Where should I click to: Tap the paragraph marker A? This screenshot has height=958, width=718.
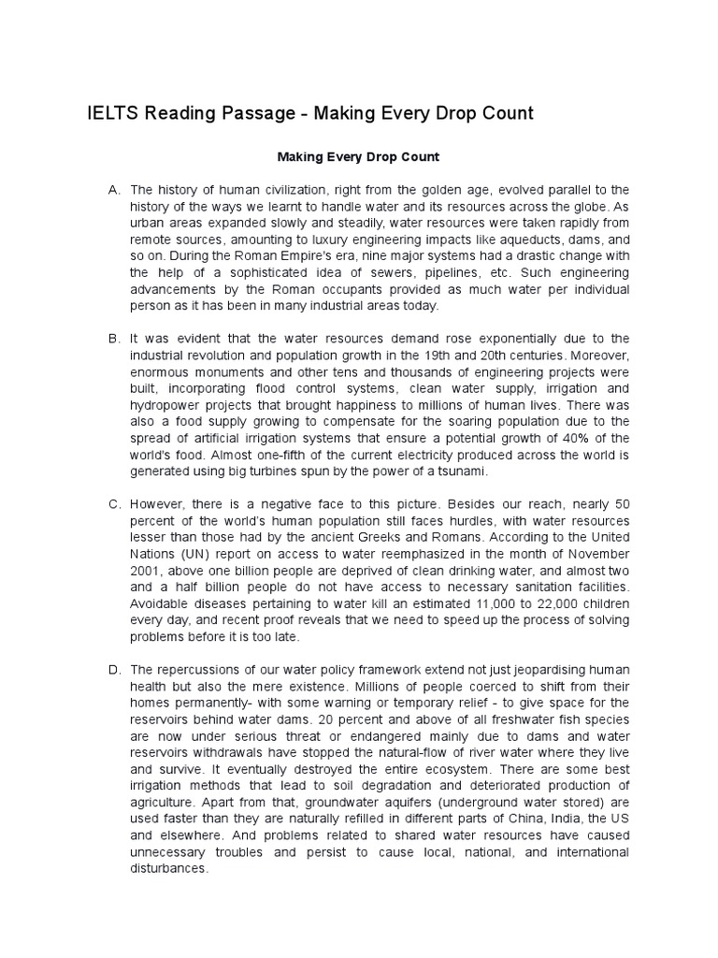114,190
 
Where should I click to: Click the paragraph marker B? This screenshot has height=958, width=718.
114,338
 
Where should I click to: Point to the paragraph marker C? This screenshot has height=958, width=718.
114,504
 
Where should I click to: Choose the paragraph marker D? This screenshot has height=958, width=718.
114,671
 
